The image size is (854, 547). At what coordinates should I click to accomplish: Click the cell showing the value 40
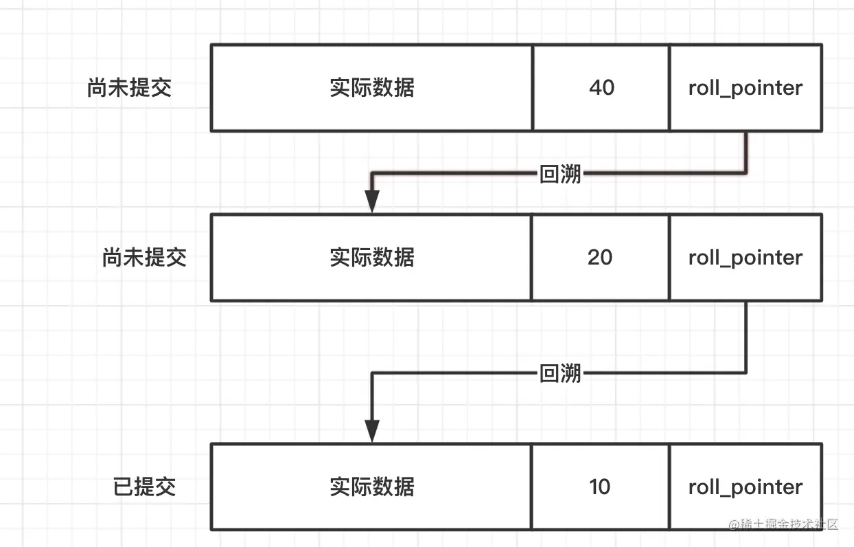[601, 88]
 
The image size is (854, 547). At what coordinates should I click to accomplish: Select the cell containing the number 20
[599, 258]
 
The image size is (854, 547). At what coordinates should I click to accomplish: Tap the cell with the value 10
[599, 487]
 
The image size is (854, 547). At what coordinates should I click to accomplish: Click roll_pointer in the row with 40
[745, 88]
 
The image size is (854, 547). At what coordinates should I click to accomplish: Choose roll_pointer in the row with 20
[745, 258]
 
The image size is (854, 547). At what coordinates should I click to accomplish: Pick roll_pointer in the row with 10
[745, 487]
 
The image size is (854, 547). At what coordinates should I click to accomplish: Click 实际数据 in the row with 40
[371, 88]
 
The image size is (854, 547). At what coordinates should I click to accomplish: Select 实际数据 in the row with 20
[371, 258]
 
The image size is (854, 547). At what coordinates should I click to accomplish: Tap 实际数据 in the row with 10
[371, 487]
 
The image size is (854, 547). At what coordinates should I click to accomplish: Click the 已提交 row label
[144, 487]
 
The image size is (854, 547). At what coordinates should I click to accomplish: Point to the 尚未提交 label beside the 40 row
[129, 88]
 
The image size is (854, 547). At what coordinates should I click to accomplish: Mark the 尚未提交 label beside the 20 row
[144, 258]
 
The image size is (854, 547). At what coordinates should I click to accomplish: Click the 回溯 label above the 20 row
[560, 174]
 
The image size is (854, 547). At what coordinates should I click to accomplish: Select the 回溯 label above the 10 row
[560, 373]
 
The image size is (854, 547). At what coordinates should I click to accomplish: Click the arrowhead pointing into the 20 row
[371, 202]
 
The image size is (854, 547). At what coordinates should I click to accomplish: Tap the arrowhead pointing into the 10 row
[371, 432]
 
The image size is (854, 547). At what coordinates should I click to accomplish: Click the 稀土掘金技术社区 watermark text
[794, 524]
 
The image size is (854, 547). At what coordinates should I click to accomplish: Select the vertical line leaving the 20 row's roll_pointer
[746, 337]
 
